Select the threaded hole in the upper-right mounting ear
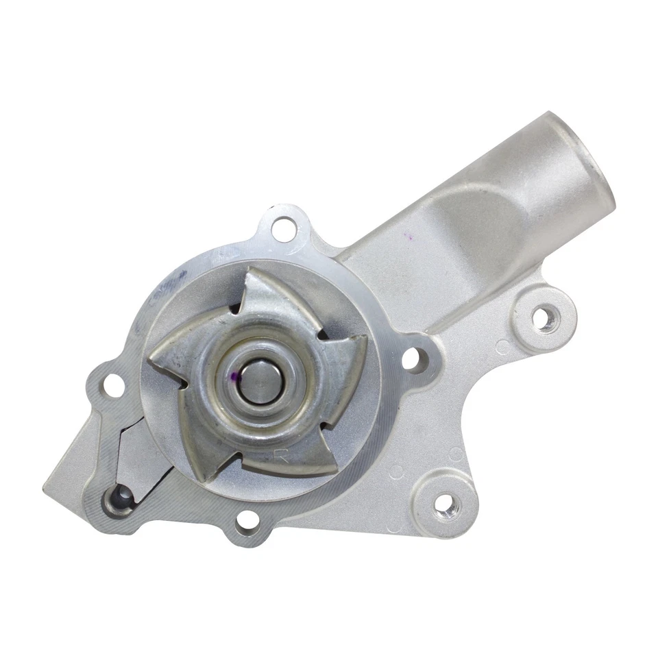pyautogui.click(x=544, y=318)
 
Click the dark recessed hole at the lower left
pyautogui.click(x=121, y=496)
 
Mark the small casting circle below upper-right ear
pyautogui.click(x=502, y=346)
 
